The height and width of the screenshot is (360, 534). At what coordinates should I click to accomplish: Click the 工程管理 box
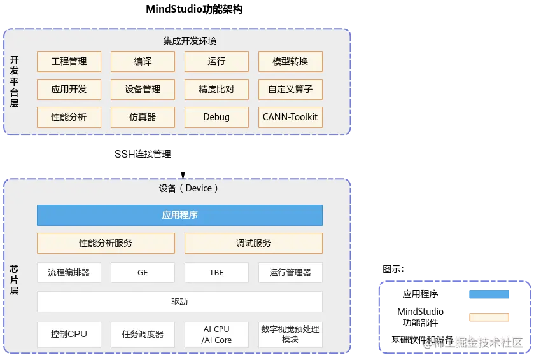coord(69,62)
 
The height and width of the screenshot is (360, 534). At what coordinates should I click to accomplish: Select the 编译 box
coord(143,62)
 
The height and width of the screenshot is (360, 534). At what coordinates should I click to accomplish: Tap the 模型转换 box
coord(290,62)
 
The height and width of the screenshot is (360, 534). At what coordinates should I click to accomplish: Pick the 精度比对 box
coord(216,90)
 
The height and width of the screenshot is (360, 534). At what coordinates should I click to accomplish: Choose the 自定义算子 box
coord(290,90)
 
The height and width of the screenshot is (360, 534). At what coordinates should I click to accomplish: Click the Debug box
coord(216,118)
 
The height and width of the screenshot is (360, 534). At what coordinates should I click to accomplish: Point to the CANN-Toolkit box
coord(290,118)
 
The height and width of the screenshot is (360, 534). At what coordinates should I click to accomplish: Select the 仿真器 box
coord(143,118)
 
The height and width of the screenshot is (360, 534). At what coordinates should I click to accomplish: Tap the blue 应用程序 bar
coord(179,215)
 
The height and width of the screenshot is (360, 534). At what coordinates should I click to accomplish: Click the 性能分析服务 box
coord(106,243)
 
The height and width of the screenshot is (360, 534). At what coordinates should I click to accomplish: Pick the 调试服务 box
coord(253,243)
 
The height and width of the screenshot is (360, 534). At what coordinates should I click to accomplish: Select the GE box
coord(143,272)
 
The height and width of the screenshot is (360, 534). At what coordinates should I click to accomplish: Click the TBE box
coord(216,272)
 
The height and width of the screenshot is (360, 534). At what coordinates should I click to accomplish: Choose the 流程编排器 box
coord(69,272)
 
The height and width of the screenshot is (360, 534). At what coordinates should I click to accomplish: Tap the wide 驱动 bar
coord(179,301)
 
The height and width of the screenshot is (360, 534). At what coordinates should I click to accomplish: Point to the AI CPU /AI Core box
coord(216,335)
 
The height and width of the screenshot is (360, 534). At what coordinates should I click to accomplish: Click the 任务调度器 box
coord(143,335)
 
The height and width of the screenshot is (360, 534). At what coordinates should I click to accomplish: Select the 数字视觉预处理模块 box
coord(290,335)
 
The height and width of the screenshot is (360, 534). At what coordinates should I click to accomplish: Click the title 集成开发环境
coord(190,41)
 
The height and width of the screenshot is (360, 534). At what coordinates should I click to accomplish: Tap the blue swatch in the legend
coord(489,295)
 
